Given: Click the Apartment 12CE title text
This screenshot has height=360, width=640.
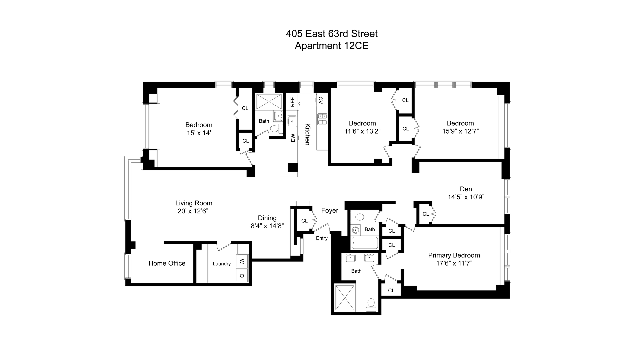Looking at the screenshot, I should click(x=331, y=46).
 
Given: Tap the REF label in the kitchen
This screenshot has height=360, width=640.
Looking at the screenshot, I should click(x=292, y=102).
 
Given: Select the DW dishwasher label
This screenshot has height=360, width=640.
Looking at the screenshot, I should click(x=293, y=138).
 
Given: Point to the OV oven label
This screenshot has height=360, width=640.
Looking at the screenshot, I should click(x=321, y=100).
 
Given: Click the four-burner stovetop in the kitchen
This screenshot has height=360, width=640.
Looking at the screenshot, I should click(x=322, y=119).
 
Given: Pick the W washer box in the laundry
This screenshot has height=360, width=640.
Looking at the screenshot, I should click(x=242, y=261).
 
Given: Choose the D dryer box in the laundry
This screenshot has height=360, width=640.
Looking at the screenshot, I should click(x=242, y=276).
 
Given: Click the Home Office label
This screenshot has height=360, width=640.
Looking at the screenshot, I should click(x=167, y=263).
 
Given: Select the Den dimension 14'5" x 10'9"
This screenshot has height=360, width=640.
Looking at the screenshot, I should click(x=466, y=197).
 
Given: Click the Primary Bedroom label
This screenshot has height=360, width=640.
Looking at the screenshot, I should click(x=454, y=255).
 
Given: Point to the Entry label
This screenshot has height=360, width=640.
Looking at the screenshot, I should click(x=322, y=238).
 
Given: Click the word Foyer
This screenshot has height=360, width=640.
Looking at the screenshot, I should click(x=329, y=210).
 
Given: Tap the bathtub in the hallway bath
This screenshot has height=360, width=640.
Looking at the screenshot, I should click(x=365, y=243).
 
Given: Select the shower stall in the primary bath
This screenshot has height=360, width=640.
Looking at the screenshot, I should click(x=345, y=297).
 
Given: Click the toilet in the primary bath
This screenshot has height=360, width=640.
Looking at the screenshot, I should click(x=371, y=305).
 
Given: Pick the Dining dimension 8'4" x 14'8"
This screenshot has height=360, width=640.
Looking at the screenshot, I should click(x=267, y=226).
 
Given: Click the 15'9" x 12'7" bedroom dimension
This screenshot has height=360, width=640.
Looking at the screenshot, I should click(x=460, y=131).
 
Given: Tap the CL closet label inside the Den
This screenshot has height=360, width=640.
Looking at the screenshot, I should click(x=425, y=214).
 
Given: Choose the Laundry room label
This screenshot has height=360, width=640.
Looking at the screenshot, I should click(x=221, y=264).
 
